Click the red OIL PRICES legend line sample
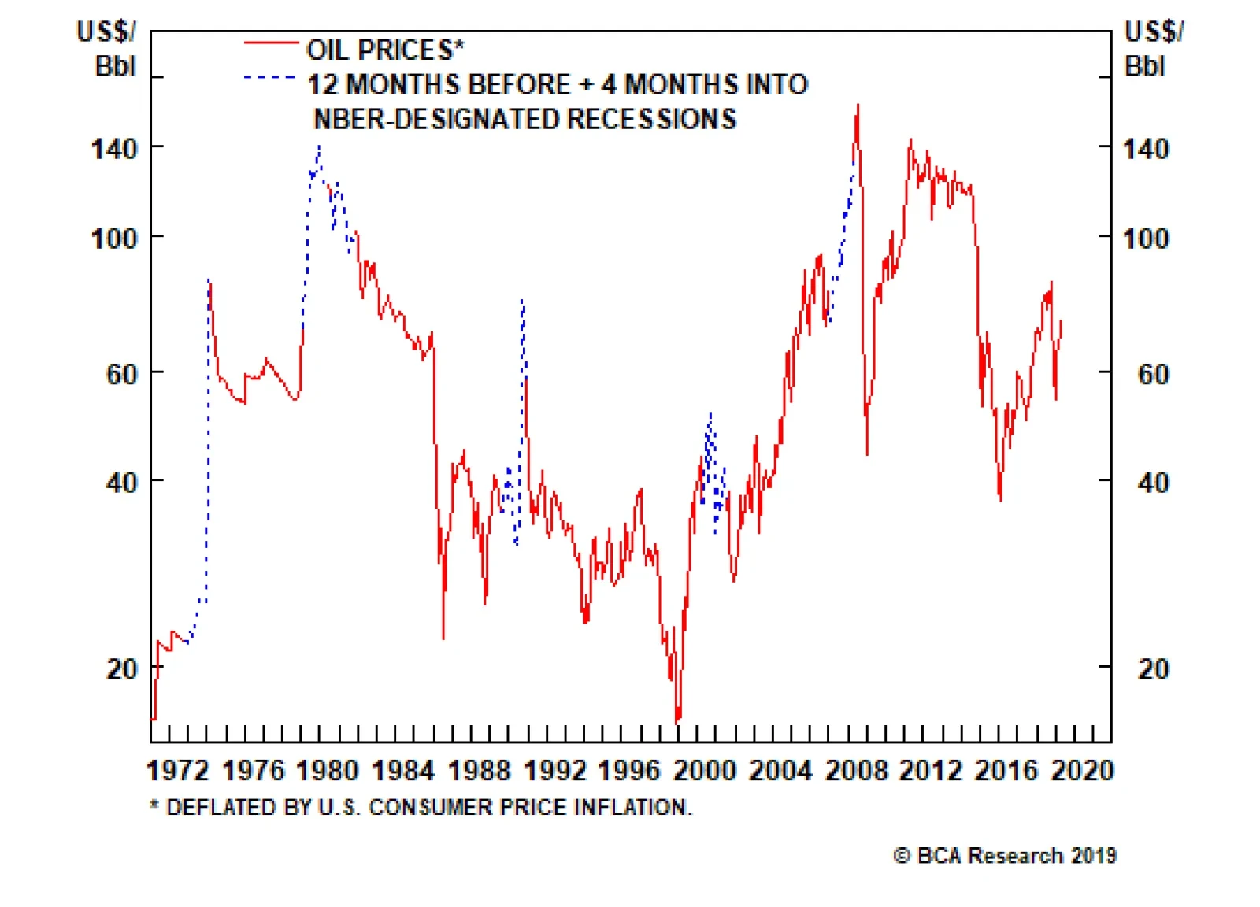coord(271,42)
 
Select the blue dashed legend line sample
coord(271,77)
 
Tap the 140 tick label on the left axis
coord(114,148)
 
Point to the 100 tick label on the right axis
coord(1146,238)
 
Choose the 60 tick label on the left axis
coord(121,373)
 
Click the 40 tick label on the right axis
coord(1153,482)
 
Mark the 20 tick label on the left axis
coord(121,668)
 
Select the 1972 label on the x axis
coord(178,769)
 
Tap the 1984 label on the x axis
coord(403,769)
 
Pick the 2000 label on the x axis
coord(705,769)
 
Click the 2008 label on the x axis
coord(856,769)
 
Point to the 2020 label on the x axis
coord(1082,769)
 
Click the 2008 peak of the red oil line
coord(858,106)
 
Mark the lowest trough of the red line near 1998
coord(677,720)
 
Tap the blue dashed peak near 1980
coord(319,146)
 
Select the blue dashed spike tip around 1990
coord(522,300)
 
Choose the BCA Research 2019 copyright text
coord(1005,855)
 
